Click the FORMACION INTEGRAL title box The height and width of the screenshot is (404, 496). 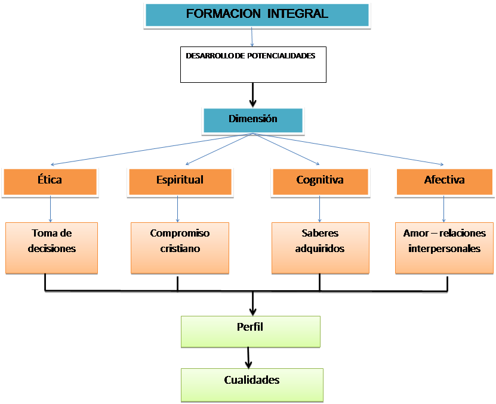(257, 14)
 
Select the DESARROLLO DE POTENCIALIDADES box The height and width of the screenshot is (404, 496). (253, 64)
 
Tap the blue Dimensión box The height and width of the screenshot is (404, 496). (253, 120)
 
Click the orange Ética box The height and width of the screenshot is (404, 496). (50, 181)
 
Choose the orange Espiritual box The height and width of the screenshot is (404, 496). (179, 181)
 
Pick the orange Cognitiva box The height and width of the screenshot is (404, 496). (319, 181)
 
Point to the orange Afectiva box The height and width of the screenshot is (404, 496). (444, 181)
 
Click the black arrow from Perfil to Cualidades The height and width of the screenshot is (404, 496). (249, 358)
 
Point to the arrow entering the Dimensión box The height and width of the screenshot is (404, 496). (253, 94)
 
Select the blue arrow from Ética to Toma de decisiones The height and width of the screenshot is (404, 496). (50, 210)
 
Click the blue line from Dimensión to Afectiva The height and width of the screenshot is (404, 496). (358, 150)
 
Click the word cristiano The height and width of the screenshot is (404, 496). (180, 248)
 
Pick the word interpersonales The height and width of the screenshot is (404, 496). (444, 248)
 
